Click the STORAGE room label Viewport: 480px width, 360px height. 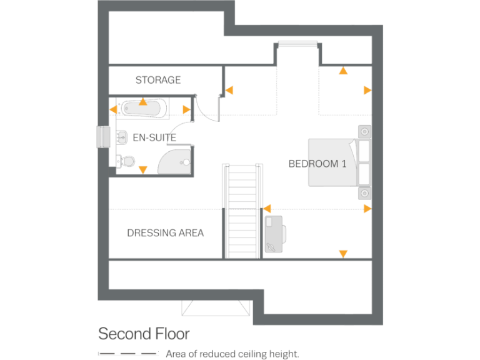click(158, 80)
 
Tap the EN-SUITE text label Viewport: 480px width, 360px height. click(154, 137)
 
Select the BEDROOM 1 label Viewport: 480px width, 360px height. click(317, 164)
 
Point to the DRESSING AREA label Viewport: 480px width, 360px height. click(165, 233)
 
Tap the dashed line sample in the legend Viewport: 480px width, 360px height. click(127, 354)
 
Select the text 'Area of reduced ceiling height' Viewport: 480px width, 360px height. click(232, 354)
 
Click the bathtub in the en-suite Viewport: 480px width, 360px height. click(144, 110)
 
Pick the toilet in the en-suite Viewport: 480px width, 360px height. click(127, 161)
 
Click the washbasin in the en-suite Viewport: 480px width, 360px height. click(121, 135)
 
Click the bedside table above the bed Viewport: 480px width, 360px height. click(364, 132)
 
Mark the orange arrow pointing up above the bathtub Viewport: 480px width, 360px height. click(143, 101)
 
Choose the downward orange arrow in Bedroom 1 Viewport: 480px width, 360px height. click(342, 253)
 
